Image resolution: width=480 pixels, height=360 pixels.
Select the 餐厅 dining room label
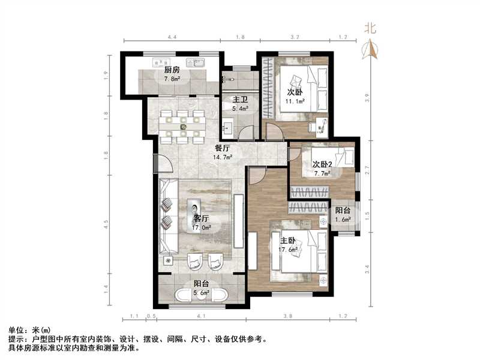(x=223, y=148)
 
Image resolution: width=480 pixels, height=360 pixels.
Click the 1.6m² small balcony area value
(x=343, y=220)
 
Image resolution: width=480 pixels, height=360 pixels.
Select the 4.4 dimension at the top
(x=172, y=37)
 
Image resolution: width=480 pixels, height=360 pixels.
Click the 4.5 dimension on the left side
(x=106, y=224)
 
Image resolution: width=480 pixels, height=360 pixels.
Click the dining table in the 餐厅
(x=183, y=127)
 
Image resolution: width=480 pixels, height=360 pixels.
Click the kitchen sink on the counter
(x=160, y=61)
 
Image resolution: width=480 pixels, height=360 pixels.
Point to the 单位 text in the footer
(x=16, y=331)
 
